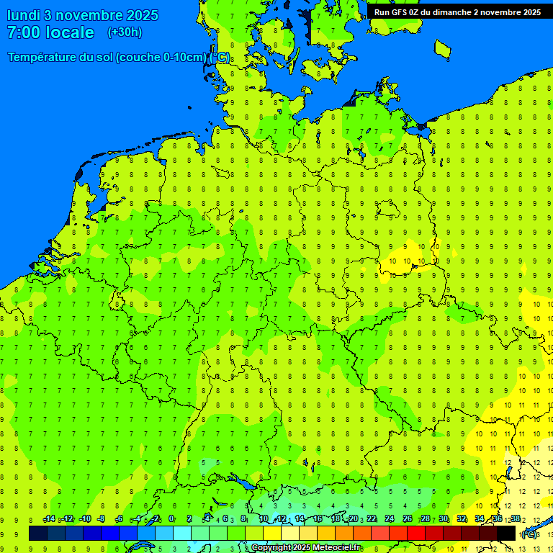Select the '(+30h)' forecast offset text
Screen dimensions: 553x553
tap(125, 32)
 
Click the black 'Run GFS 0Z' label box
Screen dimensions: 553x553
tap(457, 12)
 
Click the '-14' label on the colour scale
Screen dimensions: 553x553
tap(49, 519)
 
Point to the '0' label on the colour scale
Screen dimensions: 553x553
tap(171, 519)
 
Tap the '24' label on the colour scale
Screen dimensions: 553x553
tap(389, 519)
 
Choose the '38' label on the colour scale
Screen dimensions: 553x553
tap(515, 519)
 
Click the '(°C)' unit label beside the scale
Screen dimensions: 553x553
tap(529, 534)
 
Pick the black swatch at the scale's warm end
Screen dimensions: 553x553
tap(506, 534)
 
